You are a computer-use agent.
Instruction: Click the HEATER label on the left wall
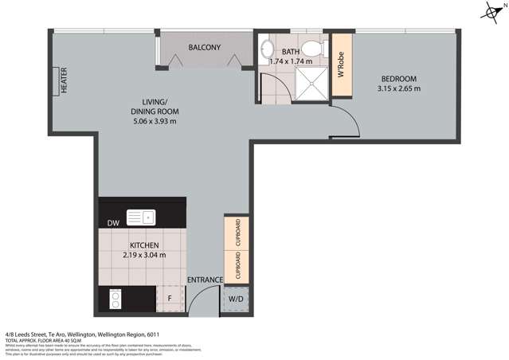click(64, 80)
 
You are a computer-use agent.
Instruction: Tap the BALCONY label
click(204, 48)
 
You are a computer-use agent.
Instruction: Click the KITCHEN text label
click(144, 245)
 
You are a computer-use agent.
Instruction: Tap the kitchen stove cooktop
click(114, 299)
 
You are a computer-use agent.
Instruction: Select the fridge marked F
click(169, 299)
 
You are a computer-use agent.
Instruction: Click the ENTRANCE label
click(204, 280)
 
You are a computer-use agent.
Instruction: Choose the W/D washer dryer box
click(237, 299)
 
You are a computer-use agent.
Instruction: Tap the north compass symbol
click(491, 11)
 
